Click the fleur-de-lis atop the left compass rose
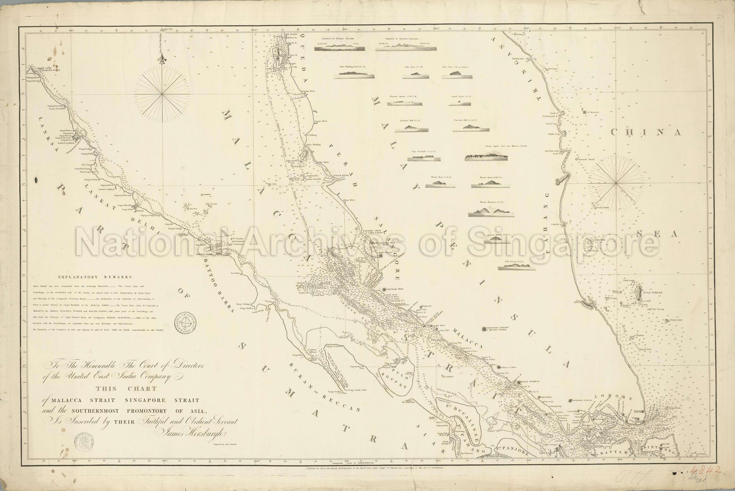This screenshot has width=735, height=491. pyautogui.click(x=162, y=60)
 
